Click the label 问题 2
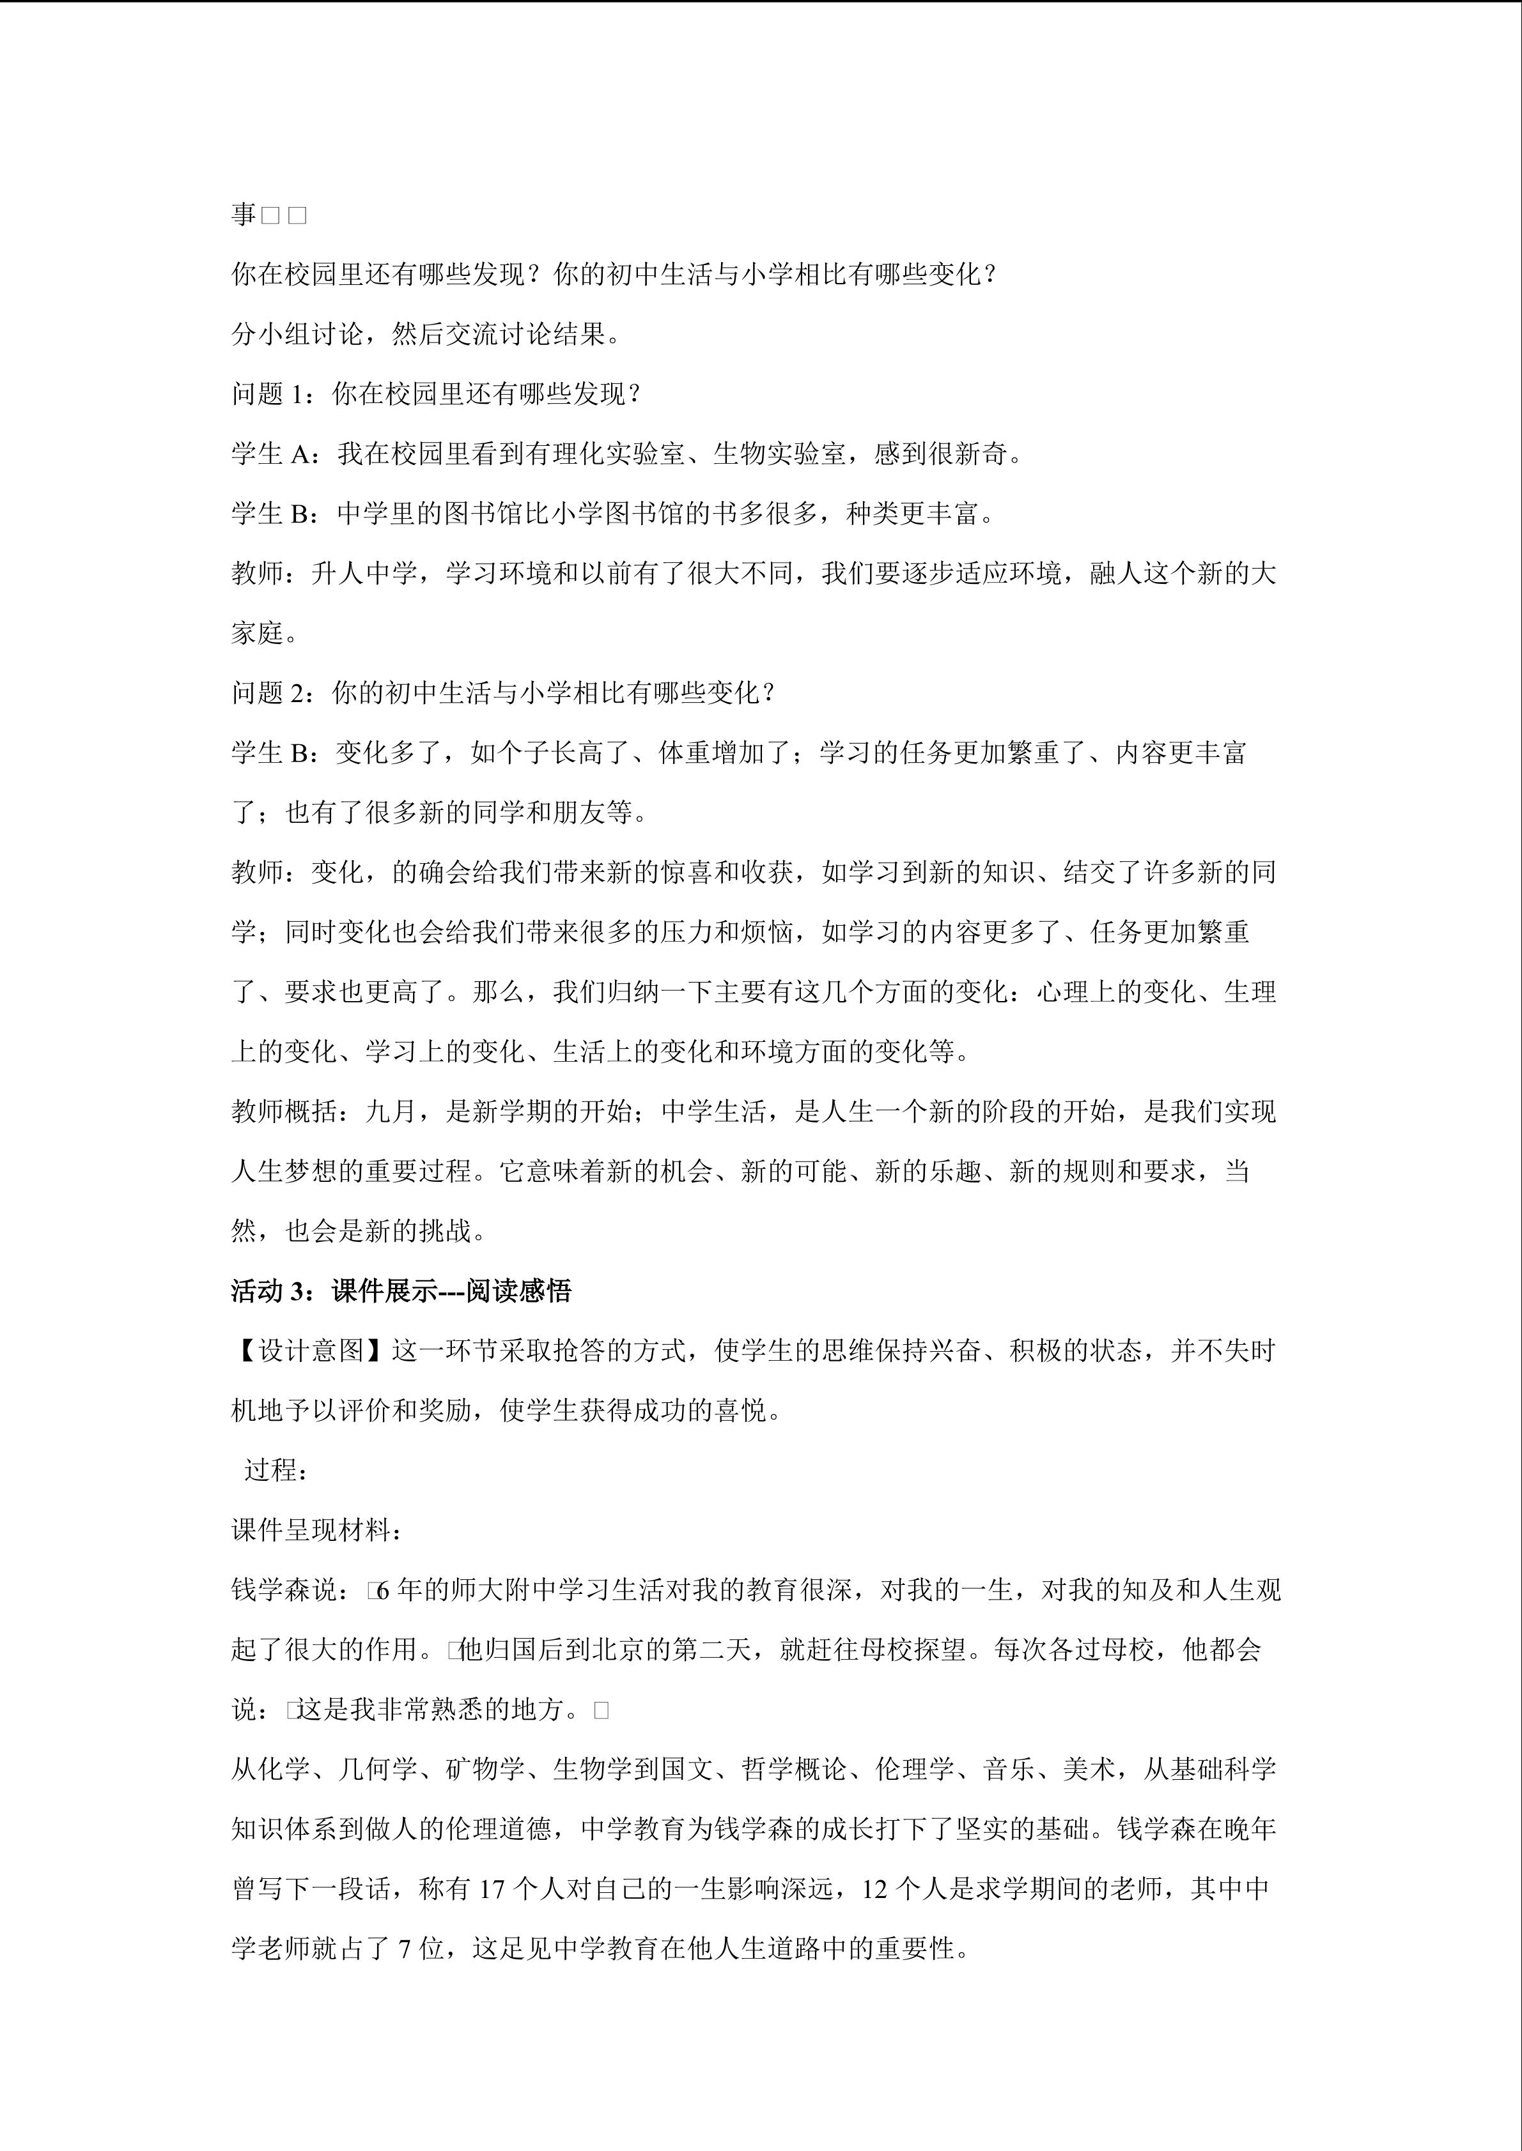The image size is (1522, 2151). tap(270, 693)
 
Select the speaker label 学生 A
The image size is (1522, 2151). tap(270, 454)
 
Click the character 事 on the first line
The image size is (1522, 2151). tap(244, 215)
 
